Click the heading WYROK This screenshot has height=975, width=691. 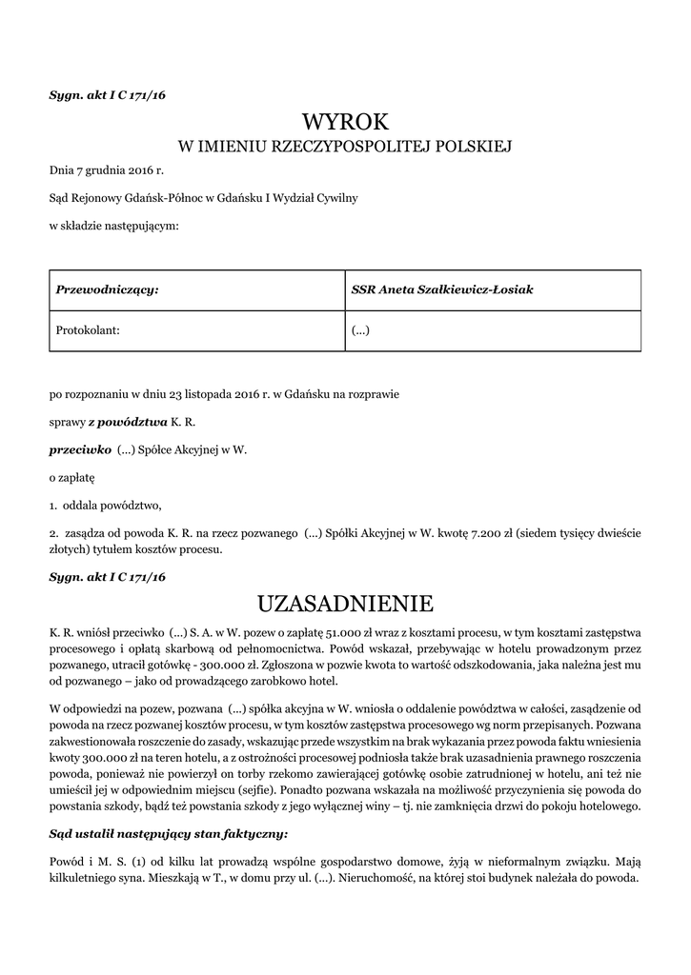tap(346, 122)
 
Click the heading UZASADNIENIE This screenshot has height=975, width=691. tap(346, 604)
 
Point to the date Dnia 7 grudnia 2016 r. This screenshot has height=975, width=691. tap(107, 171)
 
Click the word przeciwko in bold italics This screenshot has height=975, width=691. tap(80, 448)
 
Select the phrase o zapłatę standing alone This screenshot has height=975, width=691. tap(72, 475)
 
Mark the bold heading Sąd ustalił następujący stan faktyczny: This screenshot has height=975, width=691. tap(168, 834)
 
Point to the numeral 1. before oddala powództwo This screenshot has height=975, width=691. tap(53, 505)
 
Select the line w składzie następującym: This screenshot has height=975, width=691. tap(113, 226)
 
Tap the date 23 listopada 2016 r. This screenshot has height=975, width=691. tap(205, 393)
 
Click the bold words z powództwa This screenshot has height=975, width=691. tap(128, 421)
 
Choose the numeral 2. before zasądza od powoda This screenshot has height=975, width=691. tap(53, 533)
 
